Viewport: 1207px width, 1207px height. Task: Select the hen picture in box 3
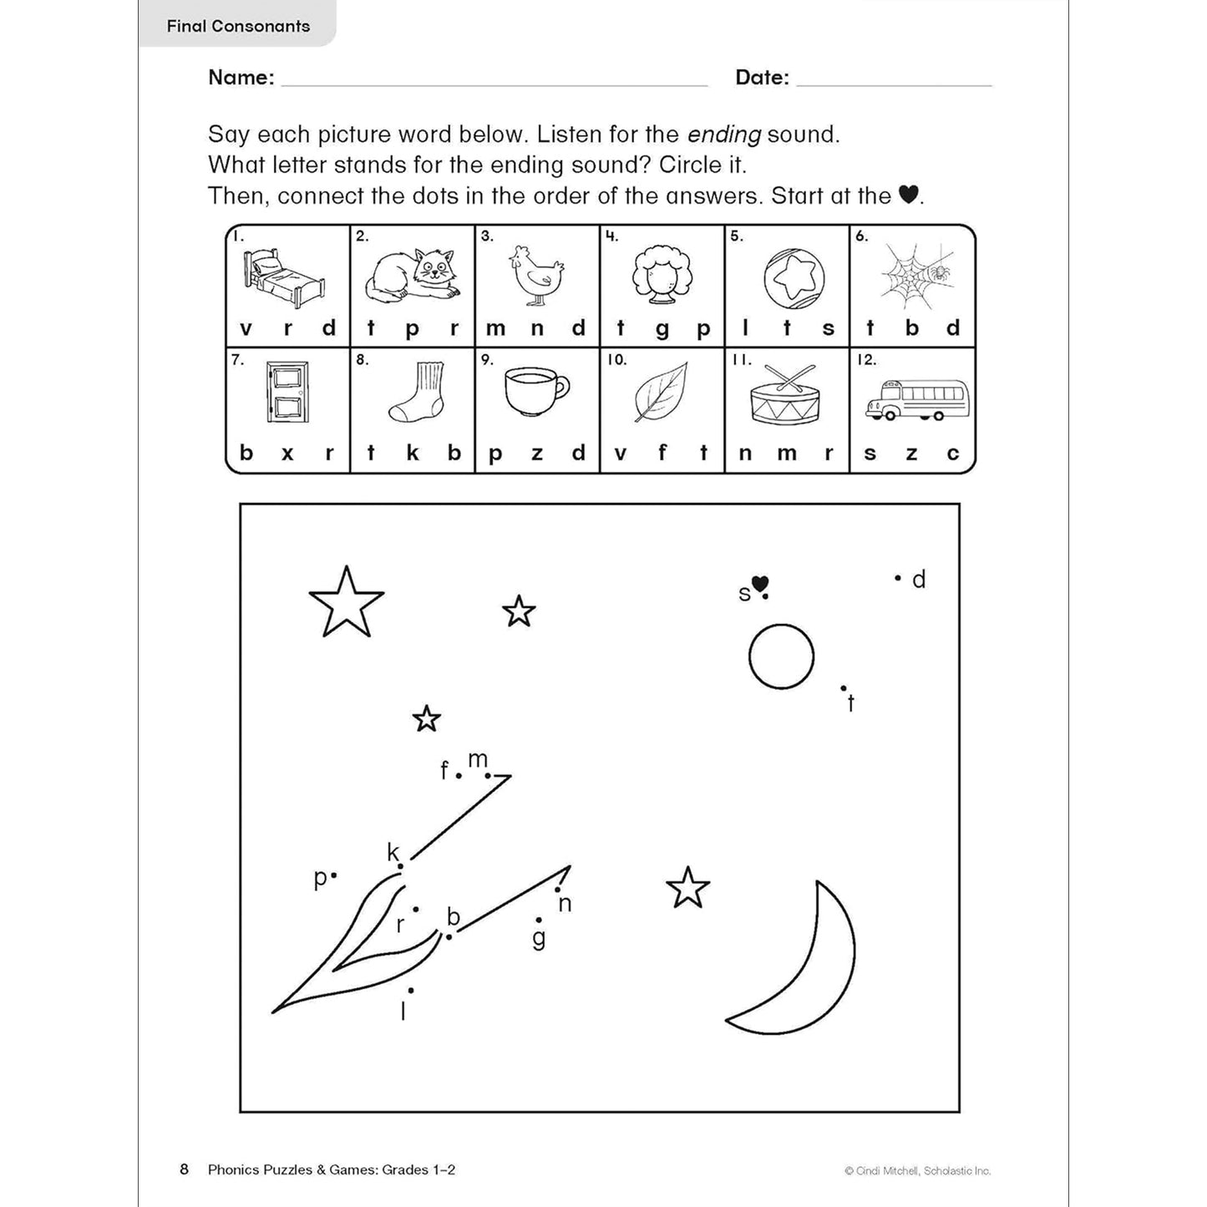(x=536, y=275)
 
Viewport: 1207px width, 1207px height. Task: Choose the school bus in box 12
(x=917, y=400)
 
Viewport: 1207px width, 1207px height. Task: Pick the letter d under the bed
(x=329, y=328)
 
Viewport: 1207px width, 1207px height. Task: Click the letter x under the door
(x=287, y=454)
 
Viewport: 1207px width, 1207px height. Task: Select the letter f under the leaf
(x=662, y=453)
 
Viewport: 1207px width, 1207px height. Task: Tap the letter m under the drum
(x=787, y=454)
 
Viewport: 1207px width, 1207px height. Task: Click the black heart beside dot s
(x=760, y=584)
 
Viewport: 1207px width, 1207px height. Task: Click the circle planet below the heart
(x=781, y=657)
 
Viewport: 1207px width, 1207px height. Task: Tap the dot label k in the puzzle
(x=393, y=852)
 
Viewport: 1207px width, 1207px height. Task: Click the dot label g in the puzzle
(x=539, y=938)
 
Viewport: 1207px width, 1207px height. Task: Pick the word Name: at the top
(x=241, y=78)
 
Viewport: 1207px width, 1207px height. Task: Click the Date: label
(x=762, y=78)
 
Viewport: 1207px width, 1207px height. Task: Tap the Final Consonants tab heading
(x=238, y=26)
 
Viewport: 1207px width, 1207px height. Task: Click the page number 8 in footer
(x=185, y=1169)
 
